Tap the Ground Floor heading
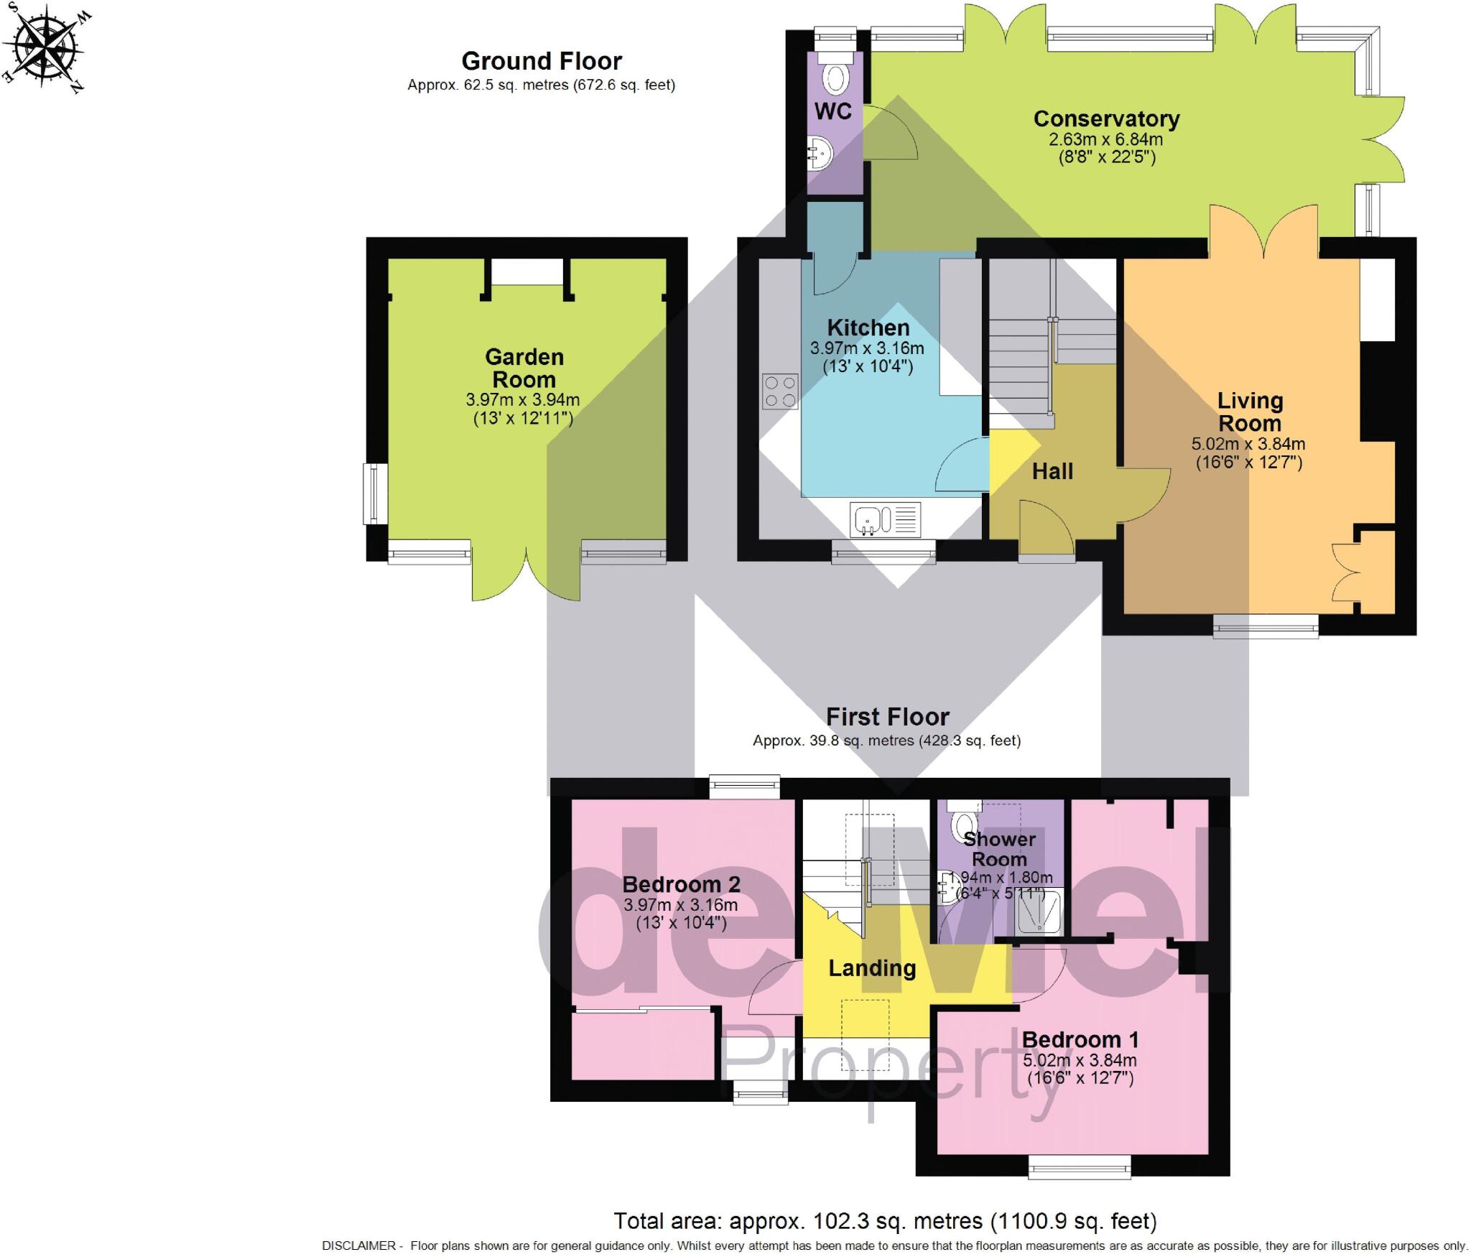pos(541,61)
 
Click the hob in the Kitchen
pos(780,391)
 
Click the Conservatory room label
pos(1106,119)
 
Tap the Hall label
pos(1052,471)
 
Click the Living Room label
pos(1249,412)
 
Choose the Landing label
pos(872,968)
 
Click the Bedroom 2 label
pos(681,884)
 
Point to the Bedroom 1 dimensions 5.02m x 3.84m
pos(1080,1060)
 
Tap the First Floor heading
pos(887,717)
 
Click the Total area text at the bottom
pos(885,1220)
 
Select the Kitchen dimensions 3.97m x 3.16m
pos(867,349)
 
